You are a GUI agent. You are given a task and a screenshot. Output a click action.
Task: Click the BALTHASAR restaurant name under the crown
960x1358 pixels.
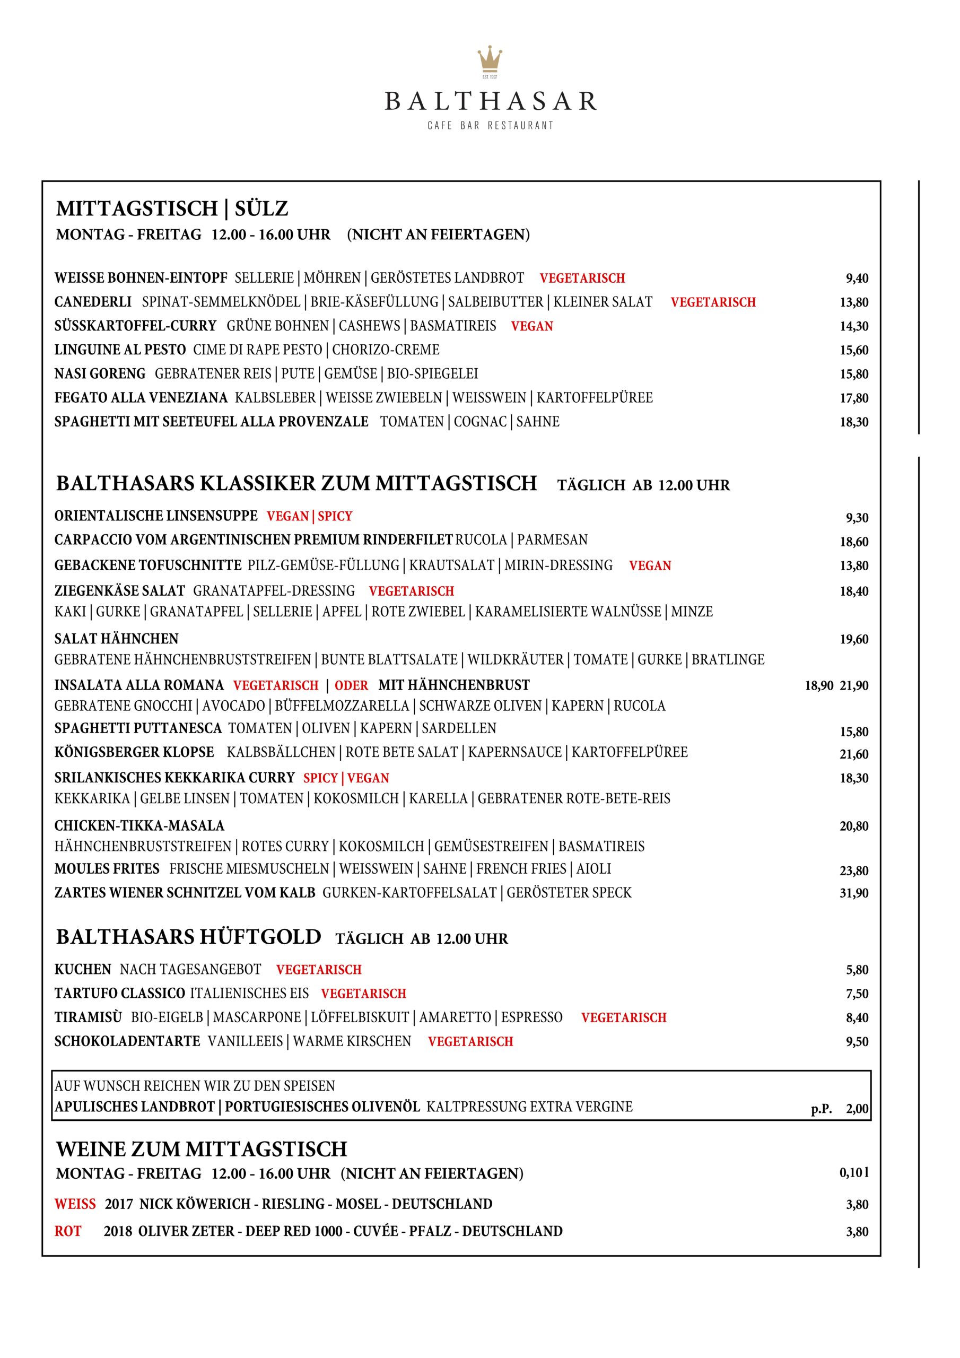(491, 102)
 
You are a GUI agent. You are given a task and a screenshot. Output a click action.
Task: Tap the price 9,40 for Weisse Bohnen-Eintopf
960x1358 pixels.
(857, 278)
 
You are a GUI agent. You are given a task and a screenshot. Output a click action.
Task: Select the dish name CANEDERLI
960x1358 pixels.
(93, 302)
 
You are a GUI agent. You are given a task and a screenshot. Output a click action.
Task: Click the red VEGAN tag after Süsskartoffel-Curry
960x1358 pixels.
(532, 326)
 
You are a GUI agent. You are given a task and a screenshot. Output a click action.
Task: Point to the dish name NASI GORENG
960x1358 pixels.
(100, 374)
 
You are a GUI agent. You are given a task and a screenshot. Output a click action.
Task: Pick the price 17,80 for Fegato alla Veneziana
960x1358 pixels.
(854, 398)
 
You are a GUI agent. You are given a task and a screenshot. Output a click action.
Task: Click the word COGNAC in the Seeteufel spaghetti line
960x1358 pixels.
(479, 422)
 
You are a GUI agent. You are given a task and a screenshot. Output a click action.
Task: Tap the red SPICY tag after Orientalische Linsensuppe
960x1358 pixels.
(335, 516)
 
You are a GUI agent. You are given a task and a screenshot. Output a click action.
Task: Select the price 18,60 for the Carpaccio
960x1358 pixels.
(854, 542)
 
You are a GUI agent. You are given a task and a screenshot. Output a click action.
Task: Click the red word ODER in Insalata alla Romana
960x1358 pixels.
(351, 685)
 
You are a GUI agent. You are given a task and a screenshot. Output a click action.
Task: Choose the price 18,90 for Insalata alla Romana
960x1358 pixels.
(818, 686)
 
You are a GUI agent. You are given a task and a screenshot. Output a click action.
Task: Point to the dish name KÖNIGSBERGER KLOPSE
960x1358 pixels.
(134, 752)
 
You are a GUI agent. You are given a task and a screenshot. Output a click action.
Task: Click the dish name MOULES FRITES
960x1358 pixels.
(107, 869)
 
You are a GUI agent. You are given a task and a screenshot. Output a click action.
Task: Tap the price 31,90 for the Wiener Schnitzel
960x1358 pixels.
(854, 893)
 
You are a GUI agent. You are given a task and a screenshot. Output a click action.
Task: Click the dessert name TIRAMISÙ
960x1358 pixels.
(88, 1017)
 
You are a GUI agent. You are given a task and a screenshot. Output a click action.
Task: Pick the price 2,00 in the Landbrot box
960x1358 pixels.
(857, 1109)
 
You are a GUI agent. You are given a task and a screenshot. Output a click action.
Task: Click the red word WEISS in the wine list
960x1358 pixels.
(75, 1204)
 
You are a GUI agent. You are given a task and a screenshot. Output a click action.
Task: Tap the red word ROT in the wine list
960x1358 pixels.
(68, 1231)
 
